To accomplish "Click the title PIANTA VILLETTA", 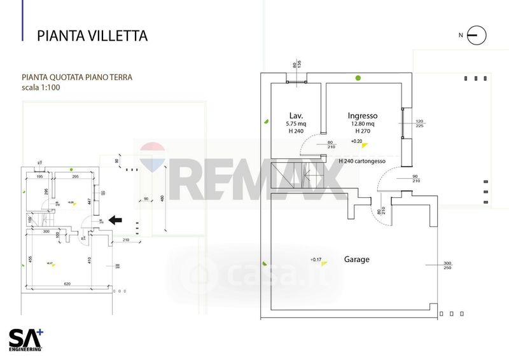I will (92, 35).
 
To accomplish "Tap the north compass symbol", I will (475, 36).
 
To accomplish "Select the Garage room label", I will (357, 260).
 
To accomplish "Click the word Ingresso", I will (363, 116).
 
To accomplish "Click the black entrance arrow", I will (115, 220).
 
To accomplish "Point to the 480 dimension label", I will (163, 197).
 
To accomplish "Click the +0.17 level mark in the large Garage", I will (316, 260).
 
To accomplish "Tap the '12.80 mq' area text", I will (363, 124).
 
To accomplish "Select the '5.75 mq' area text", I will (296, 124).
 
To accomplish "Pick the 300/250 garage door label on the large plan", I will (447, 265).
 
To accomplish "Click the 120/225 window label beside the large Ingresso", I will (419, 123).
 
